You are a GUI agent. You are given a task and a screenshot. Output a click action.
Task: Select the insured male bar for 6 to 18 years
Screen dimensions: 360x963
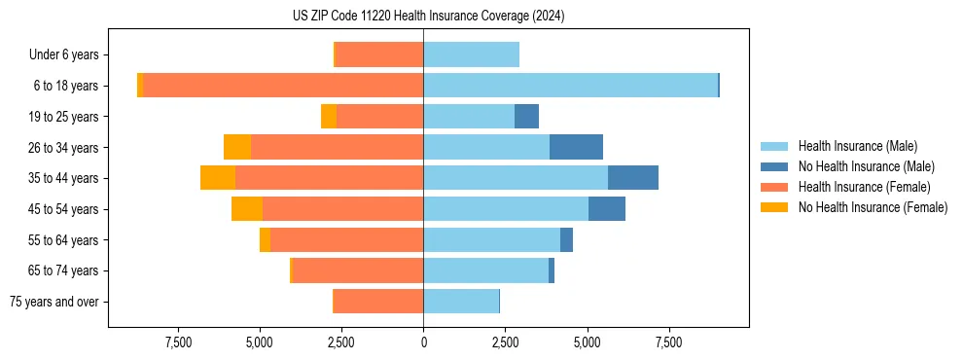(570, 86)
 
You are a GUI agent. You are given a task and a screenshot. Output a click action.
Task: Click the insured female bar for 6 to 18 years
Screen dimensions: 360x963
(283, 86)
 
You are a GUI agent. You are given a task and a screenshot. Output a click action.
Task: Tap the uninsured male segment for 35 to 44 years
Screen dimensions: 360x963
(633, 178)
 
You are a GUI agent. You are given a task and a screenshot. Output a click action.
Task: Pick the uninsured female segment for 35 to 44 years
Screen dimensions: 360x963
(218, 178)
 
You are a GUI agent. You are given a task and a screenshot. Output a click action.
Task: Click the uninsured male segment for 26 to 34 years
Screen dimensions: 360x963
(576, 147)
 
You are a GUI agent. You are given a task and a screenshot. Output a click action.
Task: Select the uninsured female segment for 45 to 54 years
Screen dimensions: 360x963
(247, 209)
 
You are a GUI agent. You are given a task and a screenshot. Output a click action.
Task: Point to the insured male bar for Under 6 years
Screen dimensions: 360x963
(471, 54)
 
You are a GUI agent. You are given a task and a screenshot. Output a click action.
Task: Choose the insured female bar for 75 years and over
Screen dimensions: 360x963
(378, 302)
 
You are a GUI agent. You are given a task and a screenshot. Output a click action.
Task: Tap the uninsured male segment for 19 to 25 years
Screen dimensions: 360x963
(526, 117)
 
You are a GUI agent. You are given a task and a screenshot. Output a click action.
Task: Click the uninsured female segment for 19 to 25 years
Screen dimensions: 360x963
(329, 117)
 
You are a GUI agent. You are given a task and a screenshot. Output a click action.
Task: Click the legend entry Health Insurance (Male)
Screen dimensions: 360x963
(857, 146)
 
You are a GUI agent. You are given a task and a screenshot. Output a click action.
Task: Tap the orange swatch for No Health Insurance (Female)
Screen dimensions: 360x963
(774, 207)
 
